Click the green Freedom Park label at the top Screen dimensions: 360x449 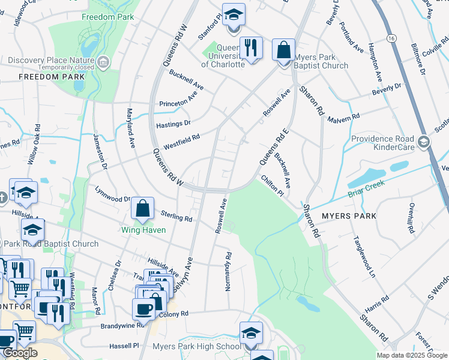tap(108, 17)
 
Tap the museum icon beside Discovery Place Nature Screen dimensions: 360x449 tap(104, 62)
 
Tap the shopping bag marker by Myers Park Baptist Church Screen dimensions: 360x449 tap(283, 50)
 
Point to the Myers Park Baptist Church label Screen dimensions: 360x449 tap(322, 61)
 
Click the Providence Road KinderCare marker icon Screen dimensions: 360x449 tap(424, 142)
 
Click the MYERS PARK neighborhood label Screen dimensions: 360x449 tap(349, 216)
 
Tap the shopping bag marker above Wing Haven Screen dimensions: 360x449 tap(143, 209)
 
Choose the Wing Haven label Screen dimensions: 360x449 tap(143, 229)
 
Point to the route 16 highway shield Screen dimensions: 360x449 tap(391, 37)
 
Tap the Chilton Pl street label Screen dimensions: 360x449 tap(271, 185)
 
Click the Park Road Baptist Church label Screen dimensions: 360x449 tap(52, 244)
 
